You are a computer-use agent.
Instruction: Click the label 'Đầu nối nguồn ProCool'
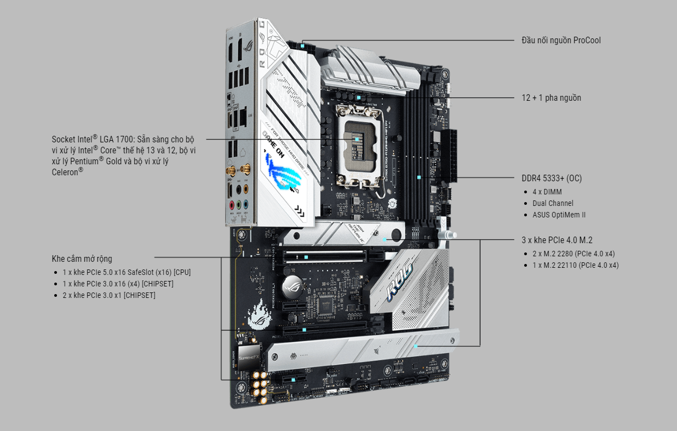coord(561,41)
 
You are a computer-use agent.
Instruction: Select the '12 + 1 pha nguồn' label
coord(551,98)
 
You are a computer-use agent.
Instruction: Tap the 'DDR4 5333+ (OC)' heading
coord(552,179)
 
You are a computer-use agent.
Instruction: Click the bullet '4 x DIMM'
coord(547,192)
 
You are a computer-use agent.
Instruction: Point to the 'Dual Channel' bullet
coord(553,203)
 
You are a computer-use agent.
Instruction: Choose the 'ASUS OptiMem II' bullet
coord(559,215)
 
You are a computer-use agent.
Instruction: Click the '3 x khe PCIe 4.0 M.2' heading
coord(557,240)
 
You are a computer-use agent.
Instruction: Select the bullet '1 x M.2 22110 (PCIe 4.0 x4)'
coord(575,265)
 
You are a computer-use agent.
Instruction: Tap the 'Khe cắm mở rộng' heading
coord(82,259)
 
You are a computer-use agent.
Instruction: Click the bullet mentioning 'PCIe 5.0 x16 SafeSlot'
coord(126,272)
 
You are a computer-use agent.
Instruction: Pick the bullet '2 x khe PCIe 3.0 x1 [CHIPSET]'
coord(108,295)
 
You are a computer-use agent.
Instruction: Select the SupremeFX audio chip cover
coord(251,355)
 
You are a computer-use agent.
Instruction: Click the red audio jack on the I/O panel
coord(232,206)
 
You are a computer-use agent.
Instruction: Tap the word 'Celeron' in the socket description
coord(66,172)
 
